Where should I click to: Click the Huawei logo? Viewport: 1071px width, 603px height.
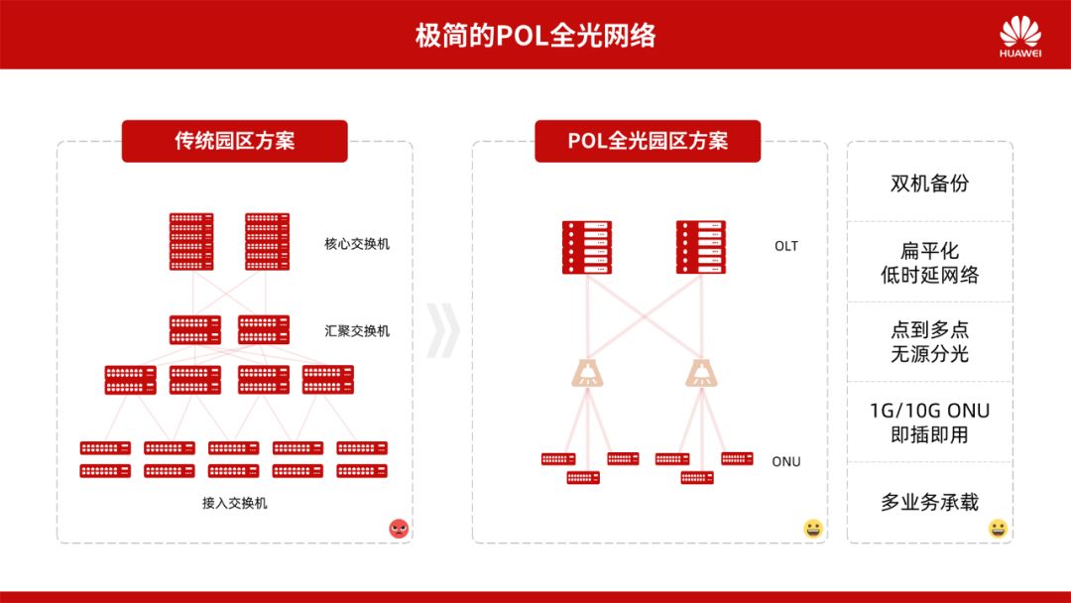click(x=1020, y=35)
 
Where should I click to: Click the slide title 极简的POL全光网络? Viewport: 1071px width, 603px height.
click(x=535, y=36)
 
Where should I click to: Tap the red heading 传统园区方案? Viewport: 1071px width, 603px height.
click(x=235, y=141)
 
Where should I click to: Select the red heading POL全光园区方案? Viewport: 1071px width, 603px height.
click(x=648, y=141)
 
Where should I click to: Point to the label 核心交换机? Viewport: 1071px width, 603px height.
click(x=357, y=244)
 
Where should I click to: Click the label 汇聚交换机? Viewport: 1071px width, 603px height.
click(x=357, y=331)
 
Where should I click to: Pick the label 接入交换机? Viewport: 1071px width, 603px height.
click(x=235, y=503)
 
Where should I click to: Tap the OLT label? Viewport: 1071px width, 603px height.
click(x=786, y=246)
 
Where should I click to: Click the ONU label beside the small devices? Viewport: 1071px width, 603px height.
click(x=786, y=462)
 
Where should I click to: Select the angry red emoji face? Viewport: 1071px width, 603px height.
click(x=399, y=529)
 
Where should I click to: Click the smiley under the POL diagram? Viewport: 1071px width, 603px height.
click(x=813, y=529)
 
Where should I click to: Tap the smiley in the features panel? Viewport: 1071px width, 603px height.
click(x=998, y=529)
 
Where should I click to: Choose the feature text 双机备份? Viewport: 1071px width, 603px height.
click(x=929, y=183)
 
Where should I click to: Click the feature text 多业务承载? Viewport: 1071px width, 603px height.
click(x=929, y=503)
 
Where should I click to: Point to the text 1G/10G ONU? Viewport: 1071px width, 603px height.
click(x=929, y=411)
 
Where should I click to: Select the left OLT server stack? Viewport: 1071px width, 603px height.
click(x=587, y=248)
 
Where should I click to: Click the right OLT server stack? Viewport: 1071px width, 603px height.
click(x=701, y=248)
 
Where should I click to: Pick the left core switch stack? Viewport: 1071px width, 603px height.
click(x=191, y=242)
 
